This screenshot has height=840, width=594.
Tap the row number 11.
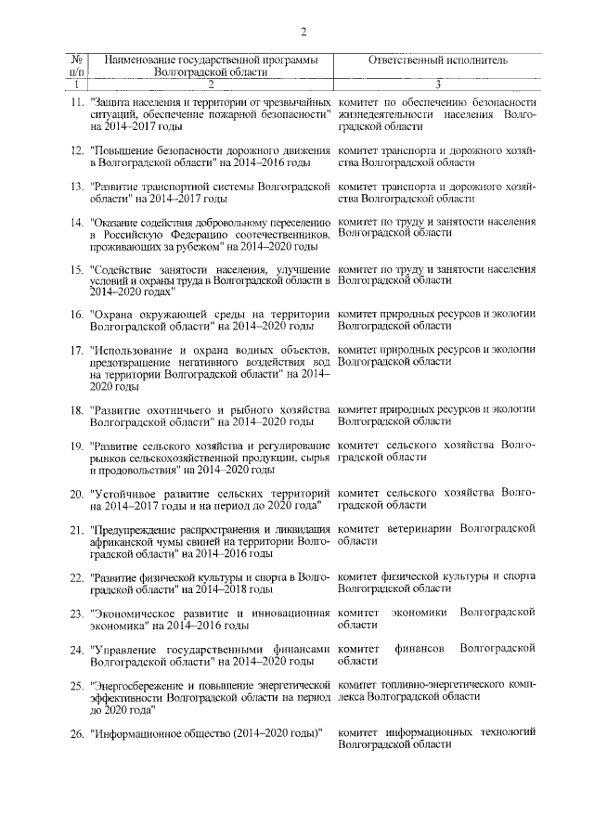(78, 100)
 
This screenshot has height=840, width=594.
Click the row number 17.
(78, 349)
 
